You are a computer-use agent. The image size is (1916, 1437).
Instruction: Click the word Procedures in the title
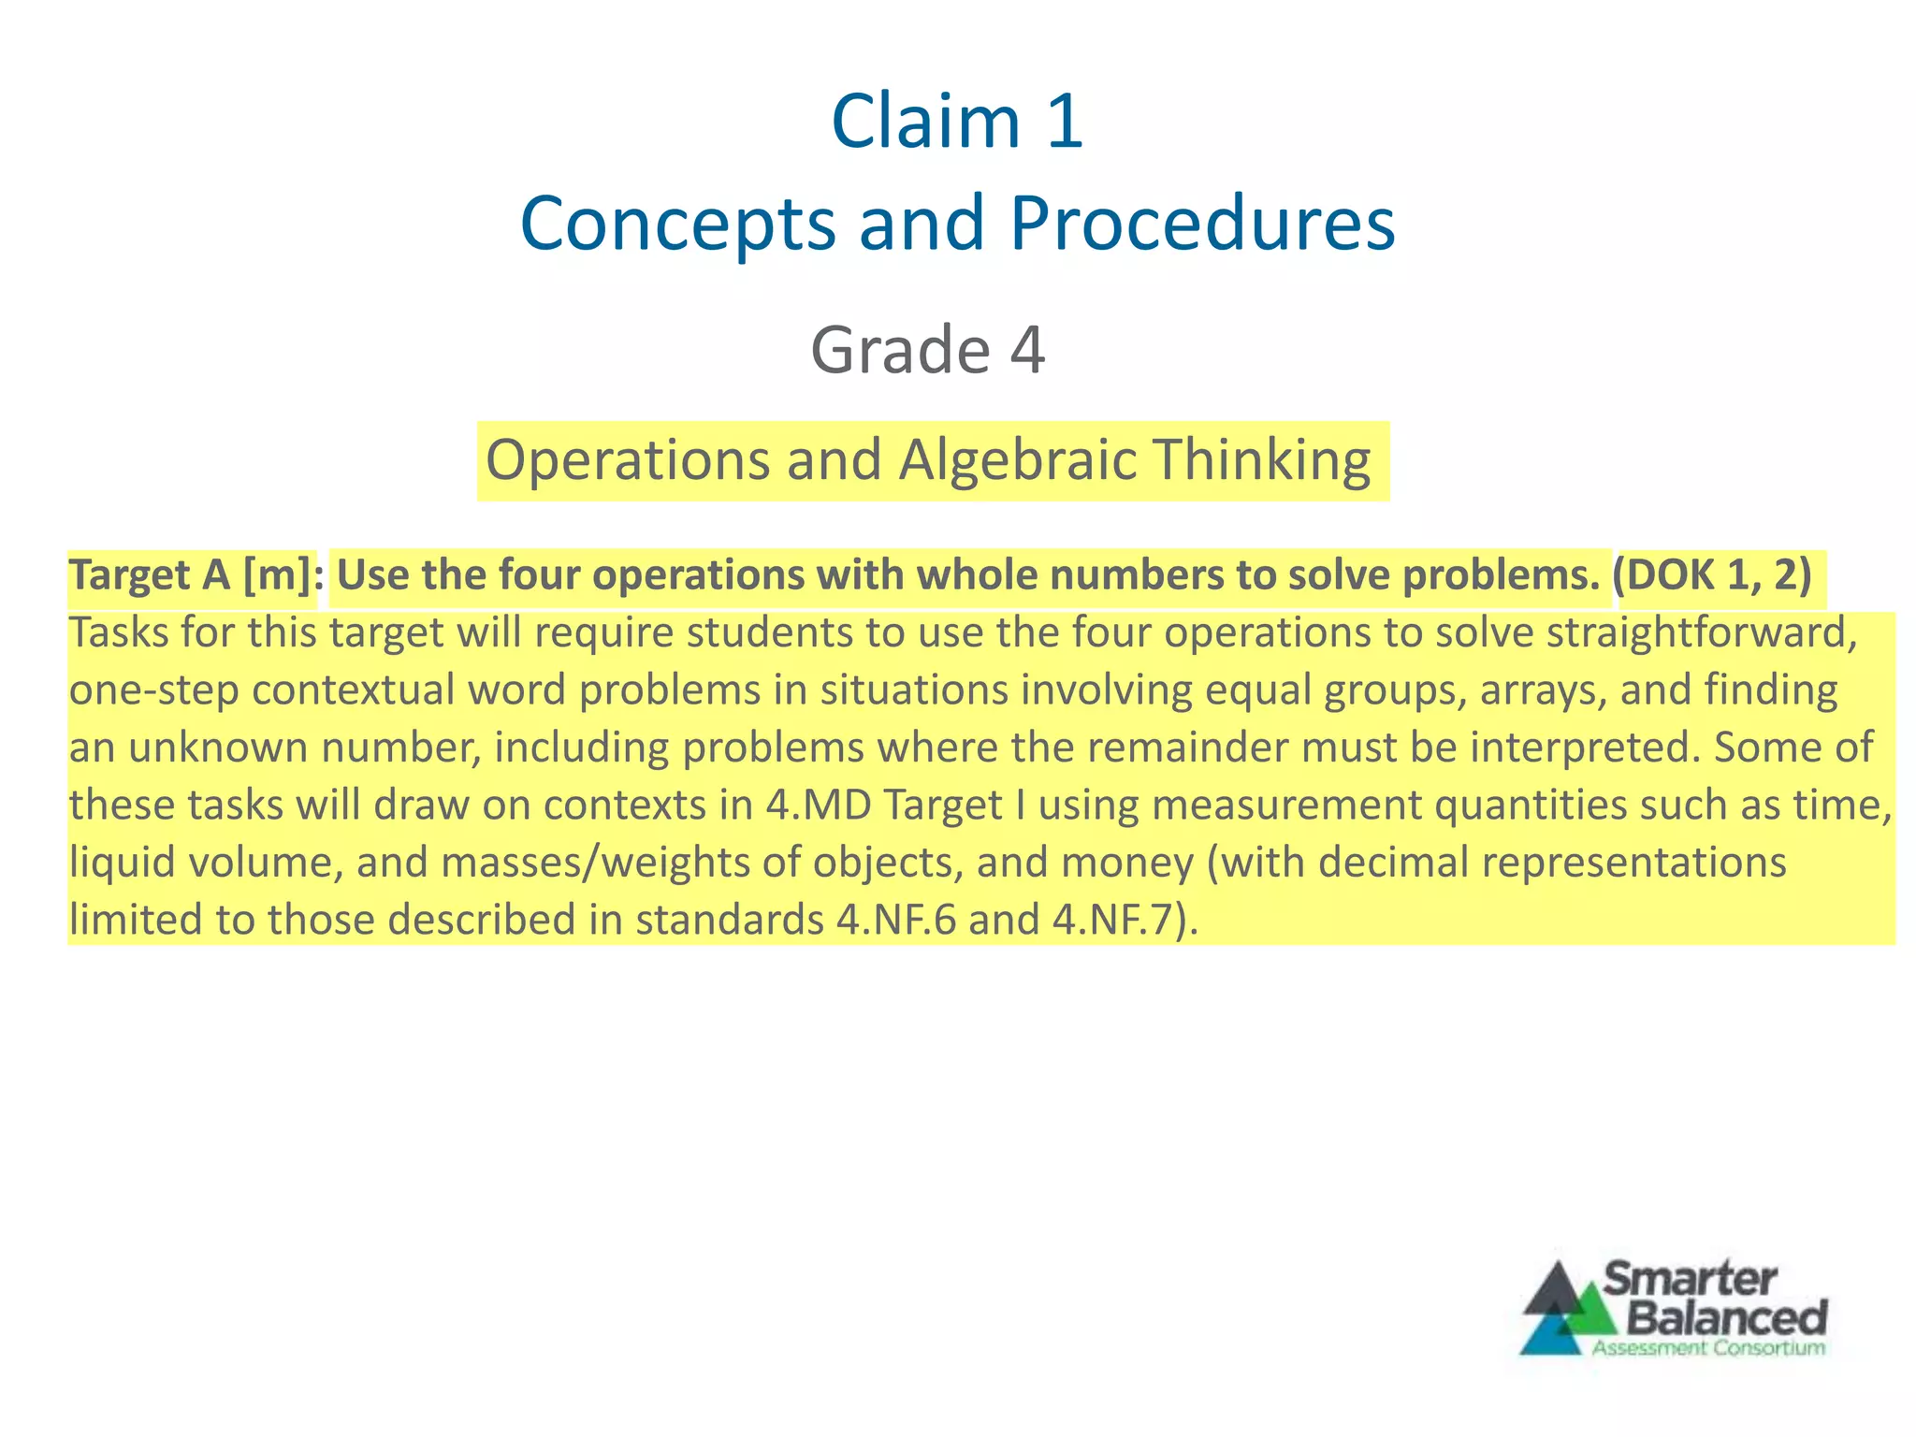[1202, 224]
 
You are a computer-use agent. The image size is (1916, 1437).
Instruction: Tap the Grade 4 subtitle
[927, 350]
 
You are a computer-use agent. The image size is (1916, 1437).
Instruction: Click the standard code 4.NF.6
[896, 921]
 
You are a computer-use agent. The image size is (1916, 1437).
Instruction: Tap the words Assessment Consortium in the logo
[1708, 1348]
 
